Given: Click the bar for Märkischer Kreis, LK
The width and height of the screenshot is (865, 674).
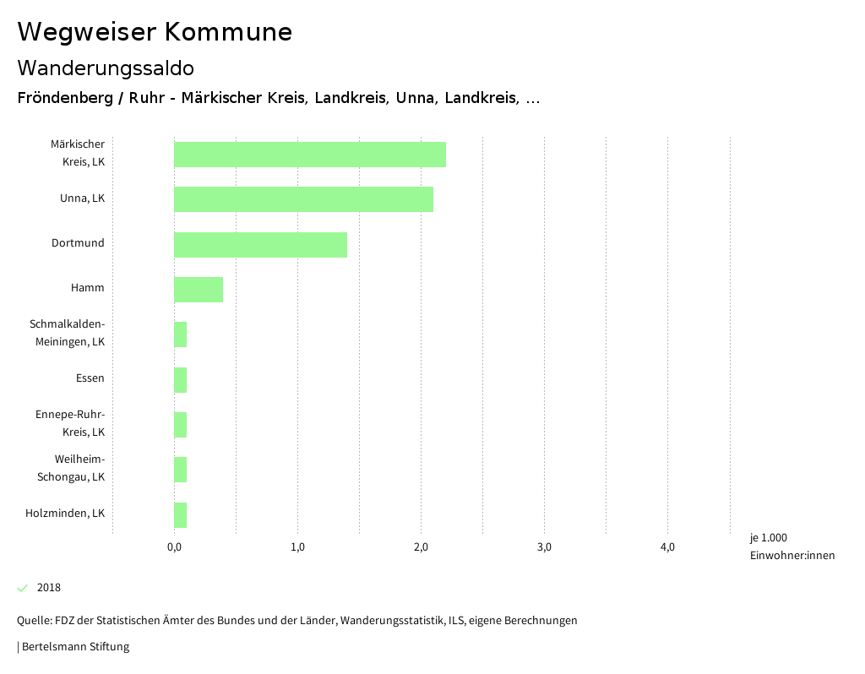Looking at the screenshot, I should coord(309,155).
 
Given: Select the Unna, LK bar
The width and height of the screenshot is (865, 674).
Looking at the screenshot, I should coord(303,199).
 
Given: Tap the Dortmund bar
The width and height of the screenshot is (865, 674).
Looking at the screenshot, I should coord(260,244).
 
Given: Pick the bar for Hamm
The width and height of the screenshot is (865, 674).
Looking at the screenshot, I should coord(199,289).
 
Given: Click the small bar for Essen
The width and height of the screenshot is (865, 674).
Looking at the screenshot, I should coord(180,380).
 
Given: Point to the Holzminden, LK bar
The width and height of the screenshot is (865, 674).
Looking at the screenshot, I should coord(180,514).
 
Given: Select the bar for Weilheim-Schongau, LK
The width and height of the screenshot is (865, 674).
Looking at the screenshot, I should coord(180,470).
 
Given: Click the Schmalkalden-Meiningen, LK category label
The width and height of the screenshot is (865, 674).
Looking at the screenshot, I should coord(67,333).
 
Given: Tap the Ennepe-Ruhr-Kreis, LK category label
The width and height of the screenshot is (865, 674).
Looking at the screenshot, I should coord(70,423).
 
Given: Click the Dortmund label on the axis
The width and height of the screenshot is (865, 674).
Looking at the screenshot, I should coord(78,243).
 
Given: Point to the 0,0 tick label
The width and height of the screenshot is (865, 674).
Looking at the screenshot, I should coord(174,547).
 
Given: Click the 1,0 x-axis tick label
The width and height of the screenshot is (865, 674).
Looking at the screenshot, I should coord(297,547).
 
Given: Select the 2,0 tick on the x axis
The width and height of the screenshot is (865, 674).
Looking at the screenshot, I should coord(421,547).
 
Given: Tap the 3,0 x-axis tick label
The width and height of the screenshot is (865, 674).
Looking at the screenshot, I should coord(544,547).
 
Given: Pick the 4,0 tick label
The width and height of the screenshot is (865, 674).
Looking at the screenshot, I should coord(667,547).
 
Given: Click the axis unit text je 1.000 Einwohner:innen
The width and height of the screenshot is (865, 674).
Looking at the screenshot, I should coord(792,546).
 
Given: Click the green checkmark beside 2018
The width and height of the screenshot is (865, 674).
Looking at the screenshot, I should coord(23,588).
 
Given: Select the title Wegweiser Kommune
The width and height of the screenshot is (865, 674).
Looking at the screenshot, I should coord(155,32).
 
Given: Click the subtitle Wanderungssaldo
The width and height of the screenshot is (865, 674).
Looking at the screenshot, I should coord(106,68).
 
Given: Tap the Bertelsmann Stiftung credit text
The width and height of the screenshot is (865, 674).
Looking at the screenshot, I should coord(74,647).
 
